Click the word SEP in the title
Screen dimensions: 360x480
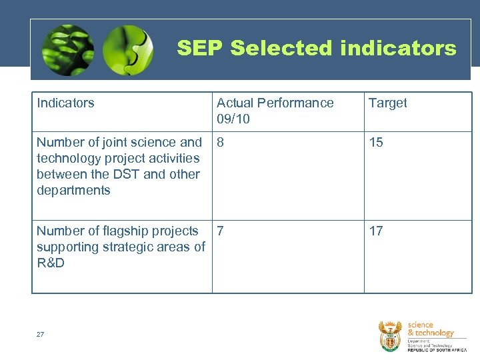(x=200, y=48)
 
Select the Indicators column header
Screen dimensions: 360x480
(x=65, y=103)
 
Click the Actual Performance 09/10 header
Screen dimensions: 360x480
(x=275, y=111)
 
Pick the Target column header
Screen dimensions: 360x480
(x=387, y=103)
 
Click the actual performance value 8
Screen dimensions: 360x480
(x=221, y=142)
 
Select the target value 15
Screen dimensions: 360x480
(x=376, y=142)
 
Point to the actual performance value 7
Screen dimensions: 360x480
(x=221, y=231)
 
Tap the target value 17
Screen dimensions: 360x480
(x=376, y=231)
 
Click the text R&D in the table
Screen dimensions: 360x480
(x=51, y=263)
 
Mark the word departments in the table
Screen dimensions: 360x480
(x=73, y=190)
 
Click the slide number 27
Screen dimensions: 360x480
(x=40, y=334)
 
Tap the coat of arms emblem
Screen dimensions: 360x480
(x=390, y=335)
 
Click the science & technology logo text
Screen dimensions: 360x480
(x=430, y=329)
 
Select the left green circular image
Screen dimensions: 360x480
(x=67, y=50)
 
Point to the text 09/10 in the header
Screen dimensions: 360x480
(x=233, y=119)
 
